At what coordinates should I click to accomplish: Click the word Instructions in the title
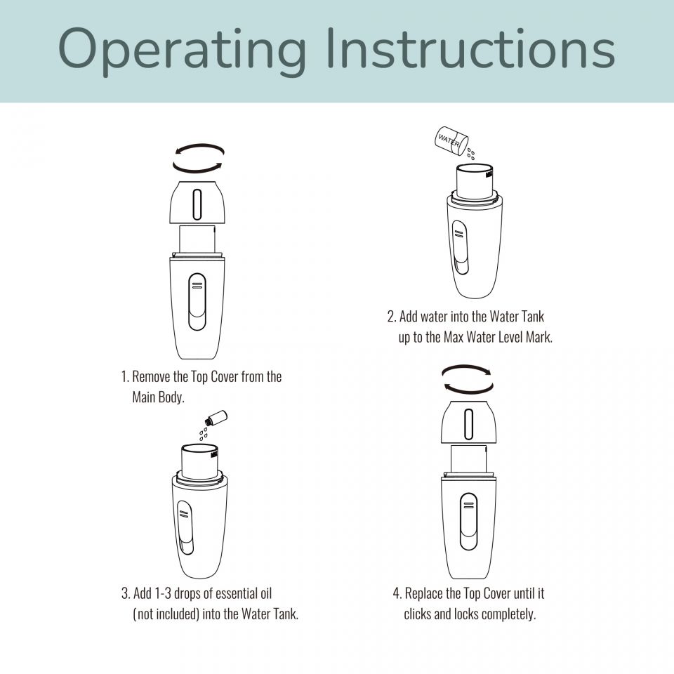pyautogui.click(x=470, y=48)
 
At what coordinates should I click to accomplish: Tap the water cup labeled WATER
pyautogui.click(x=451, y=140)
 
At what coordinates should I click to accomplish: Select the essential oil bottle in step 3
pyautogui.click(x=218, y=418)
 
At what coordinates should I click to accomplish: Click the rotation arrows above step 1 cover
pyautogui.click(x=198, y=158)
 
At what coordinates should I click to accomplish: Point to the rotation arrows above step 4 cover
pyautogui.click(x=468, y=379)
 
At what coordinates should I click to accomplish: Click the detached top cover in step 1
pyautogui.click(x=197, y=202)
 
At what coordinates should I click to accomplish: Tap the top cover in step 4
pyautogui.click(x=468, y=422)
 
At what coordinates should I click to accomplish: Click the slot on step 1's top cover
pyautogui.click(x=197, y=204)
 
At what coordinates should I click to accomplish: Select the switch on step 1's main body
pyautogui.click(x=197, y=302)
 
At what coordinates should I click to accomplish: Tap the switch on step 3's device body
pyautogui.click(x=185, y=527)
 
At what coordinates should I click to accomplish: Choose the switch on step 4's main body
pyautogui.click(x=468, y=522)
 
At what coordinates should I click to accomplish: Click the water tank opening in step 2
pyautogui.click(x=475, y=168)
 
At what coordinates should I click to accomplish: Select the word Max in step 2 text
pyautogui.click(x=453, y=338)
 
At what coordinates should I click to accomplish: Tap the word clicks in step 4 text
pyautogui.click(x=417, y=614)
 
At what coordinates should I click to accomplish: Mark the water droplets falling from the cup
pyautogui.click(x=471, y=154)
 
